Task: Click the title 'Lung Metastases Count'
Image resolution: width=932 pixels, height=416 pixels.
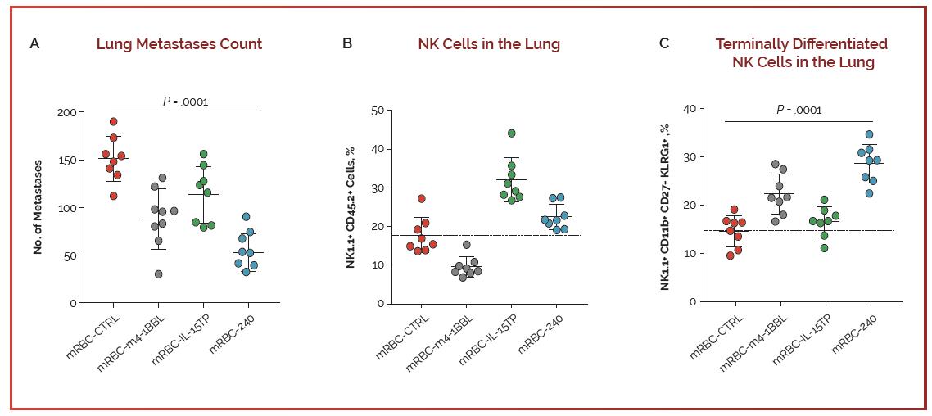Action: point(179,44)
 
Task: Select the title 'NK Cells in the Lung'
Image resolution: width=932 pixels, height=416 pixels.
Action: point(489,44)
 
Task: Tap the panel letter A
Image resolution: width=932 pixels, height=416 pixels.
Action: point(34,43)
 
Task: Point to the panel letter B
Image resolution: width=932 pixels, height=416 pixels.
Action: point(347,43)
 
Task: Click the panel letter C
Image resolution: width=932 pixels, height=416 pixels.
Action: point(664,43)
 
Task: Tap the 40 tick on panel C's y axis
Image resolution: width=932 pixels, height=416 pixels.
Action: point(690,109)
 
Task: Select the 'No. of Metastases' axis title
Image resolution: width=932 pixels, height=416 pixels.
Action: point(38,207)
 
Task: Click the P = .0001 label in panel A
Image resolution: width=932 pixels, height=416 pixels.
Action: point(185,102)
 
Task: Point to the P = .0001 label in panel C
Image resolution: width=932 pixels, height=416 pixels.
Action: point(799,110)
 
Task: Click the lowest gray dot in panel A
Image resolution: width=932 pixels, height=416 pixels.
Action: point(158,274)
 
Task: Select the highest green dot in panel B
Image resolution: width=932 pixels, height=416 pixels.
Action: point(512,133)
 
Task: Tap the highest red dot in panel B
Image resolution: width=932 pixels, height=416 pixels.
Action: point(423,199)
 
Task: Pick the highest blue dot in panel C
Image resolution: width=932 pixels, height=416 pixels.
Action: point(869,134)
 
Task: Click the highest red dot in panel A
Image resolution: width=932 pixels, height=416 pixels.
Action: point(114,122)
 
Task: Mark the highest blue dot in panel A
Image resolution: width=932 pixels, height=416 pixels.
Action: point(247,217)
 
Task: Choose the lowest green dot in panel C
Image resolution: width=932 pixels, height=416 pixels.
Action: point(824,248)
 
